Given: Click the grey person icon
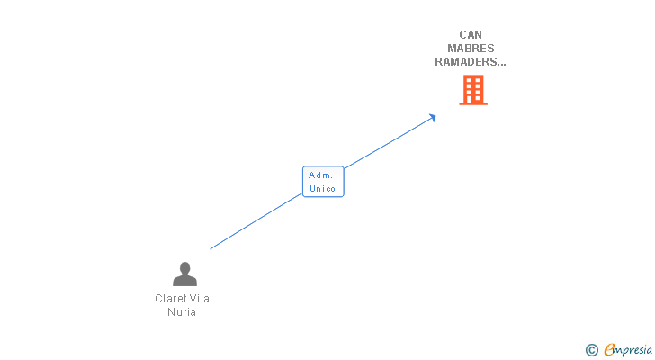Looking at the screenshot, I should click(x=184, y=274).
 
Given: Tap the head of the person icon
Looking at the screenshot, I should click(x=184, y=267).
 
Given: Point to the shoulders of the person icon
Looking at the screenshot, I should click(x=184, y=281).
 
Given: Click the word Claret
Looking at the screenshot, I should click(x=171, y=299).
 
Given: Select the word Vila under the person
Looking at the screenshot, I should click(x=200, y=299).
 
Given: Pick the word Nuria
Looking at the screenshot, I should click(x=182, y=312).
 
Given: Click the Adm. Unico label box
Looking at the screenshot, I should click(x=322, y=182).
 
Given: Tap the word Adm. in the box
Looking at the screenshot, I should click(x=321, y=175).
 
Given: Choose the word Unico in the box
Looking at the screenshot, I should click(x=322, y=189).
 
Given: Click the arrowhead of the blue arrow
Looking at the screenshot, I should click(x=433, y=117).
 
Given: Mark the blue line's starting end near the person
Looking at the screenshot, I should click(x=211, y=248).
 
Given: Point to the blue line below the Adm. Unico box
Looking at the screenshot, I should click(x=261, y=219).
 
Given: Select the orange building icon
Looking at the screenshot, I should click(x=473, y=90).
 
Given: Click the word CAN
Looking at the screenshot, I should click(x=471, y=35).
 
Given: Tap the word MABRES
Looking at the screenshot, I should click(x=471, y=49).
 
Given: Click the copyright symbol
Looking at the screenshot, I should click(x=592, y=349).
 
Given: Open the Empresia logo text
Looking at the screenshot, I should click(x=629, y=349).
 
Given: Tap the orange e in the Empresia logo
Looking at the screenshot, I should click(x=609, y=349).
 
